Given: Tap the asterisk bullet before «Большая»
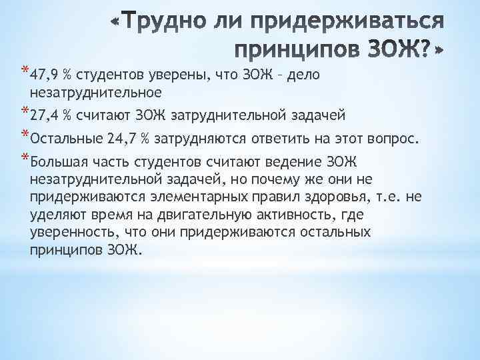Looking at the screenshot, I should click(x=25, y=159).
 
